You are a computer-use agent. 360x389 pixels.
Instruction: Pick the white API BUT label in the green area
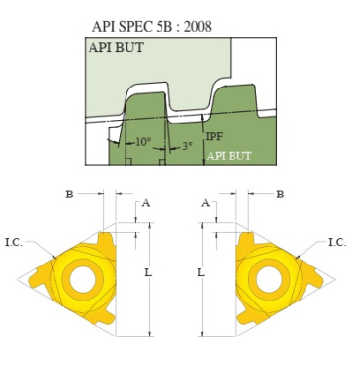coord(228,156)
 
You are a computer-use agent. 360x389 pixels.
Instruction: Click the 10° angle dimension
coord(142,142)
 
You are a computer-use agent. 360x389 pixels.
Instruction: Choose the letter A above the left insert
coord(146,203)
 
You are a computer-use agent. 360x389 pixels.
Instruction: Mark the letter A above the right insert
coord(204,203)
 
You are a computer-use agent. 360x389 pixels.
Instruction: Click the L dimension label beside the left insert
coord(148,273)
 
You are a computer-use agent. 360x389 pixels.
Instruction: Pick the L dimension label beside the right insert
coord(200,273)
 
